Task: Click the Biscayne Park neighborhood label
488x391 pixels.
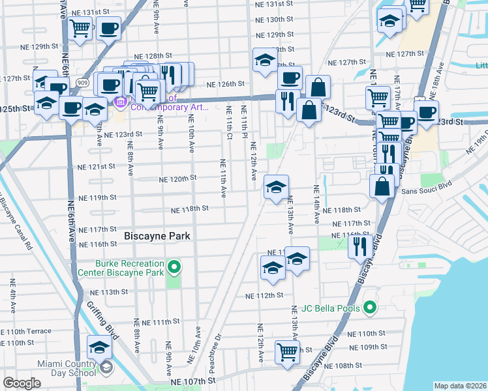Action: (157, 236)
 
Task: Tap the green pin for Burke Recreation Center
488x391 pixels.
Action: (174, 267)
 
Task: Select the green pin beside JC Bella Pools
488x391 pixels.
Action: (369, 307)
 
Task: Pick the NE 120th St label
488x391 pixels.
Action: (178, 179)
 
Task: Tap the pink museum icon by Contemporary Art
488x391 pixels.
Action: (119, 103)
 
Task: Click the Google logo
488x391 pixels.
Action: (22, 383)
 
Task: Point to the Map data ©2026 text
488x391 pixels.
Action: (460, 386)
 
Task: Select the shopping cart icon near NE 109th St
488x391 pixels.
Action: (287, 352)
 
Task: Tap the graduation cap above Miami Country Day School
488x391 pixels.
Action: (100, 347)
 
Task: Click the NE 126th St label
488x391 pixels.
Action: (225, 84)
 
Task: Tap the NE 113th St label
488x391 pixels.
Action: (108, 292)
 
